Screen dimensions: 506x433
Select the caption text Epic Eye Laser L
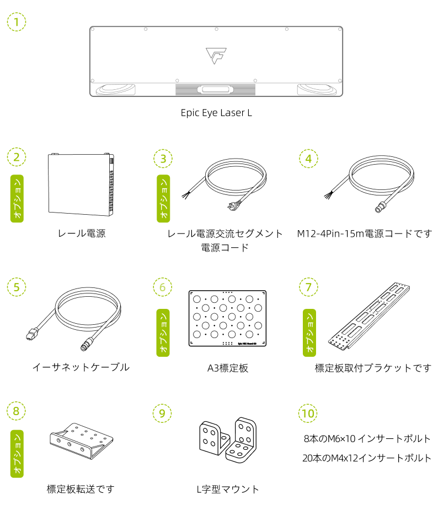[x=216, y=112]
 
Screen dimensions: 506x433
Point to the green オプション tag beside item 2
[x=17, y=199]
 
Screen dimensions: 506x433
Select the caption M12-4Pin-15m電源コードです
[x=364, y=233]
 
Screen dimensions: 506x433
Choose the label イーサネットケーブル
[x=81, y=367]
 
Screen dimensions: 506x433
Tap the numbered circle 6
[x=162, y=287]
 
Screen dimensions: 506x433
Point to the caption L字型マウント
[x=227, y=489]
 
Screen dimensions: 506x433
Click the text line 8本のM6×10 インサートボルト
[x=367, y=439]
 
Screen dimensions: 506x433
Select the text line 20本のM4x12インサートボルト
[x=367, y=458]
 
